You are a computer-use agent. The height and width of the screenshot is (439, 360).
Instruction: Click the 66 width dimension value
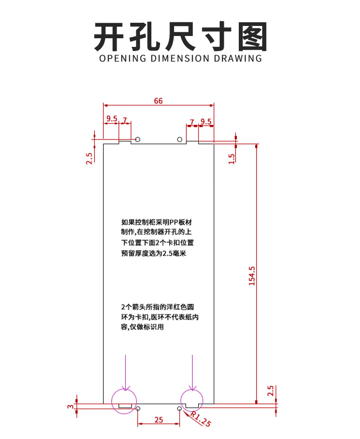pyautogui.click(x=158, y=101)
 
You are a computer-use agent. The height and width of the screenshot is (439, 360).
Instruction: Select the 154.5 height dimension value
pyautogui.click(x=252, y=276)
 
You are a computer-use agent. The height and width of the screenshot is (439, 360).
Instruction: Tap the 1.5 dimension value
pyautogui.click(x=231, y=158)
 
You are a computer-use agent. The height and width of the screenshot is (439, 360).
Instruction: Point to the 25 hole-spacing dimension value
pyautogui.click(x=158, y=420)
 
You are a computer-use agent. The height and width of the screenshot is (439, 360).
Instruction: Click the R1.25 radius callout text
pyautogui.click(x=200, y=419)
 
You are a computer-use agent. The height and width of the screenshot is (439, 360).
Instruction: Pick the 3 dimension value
pyautogui.click(x=70, y=406)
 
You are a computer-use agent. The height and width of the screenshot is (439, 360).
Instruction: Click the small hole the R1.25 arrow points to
pyautogui.click(x=180, y=408)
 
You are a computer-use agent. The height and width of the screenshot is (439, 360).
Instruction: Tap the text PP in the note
pyautogui.click(x=175, y=222)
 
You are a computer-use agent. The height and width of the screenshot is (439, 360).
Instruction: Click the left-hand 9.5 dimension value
pyautogui.click(x=112, y=119)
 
